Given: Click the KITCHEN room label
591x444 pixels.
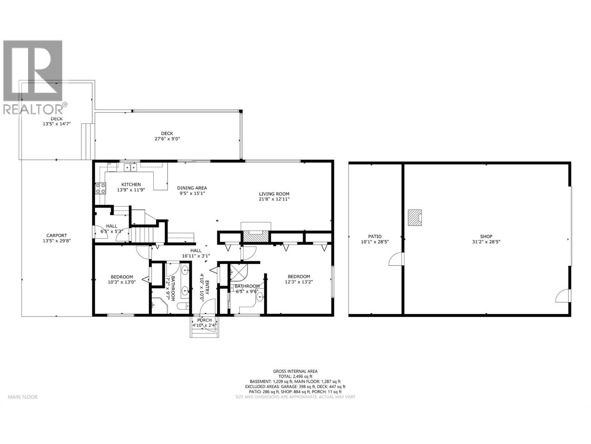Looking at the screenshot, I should coord(131,184).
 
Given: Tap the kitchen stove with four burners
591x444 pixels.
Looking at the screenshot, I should coord(101,189).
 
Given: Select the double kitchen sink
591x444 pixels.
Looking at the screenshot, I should coord(130,167).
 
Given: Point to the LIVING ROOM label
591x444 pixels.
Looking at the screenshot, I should coord(274,194).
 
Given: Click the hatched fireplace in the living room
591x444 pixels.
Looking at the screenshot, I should coord(256,236).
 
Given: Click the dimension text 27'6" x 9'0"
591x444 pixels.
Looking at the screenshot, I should coord(167,139).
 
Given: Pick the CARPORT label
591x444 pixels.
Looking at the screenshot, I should coord(57,235).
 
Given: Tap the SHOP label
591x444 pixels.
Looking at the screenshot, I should coord(486,236).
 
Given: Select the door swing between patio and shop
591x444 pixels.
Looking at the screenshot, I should coord(396,259).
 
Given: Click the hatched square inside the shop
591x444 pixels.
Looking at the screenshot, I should coord(414,218).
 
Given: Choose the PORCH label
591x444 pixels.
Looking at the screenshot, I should coord(204,320).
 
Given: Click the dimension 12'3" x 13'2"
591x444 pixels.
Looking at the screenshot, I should coord(299,282).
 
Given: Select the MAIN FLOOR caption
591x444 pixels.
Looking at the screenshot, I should coord(23,397).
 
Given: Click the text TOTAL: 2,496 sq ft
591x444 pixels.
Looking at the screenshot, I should coord(295,376).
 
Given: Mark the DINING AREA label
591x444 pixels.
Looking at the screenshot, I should coord(192,188).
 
